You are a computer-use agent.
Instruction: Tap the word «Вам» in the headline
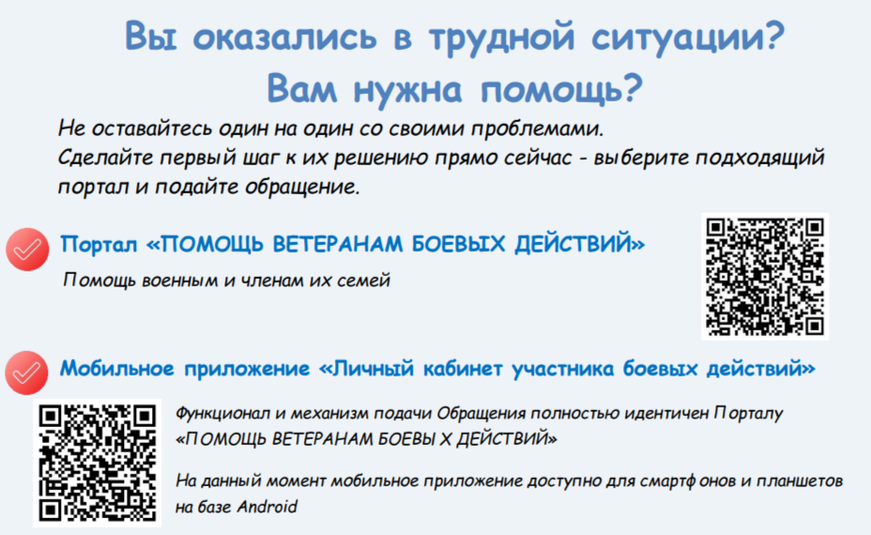click(x=301, y=88)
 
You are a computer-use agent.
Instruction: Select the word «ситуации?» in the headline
click(x=688, y=38)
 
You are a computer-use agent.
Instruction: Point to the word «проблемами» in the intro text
click(x=537, y=129)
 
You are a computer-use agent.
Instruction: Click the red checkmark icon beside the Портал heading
click(x=27, y=250)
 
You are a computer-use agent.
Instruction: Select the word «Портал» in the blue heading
click(x=99, y=244)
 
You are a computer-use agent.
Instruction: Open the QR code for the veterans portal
click(x=765, y=277)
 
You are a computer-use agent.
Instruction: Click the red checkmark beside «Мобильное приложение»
click(x=26, y=373)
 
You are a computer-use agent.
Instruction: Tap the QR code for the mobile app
click(x=98, y=463)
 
